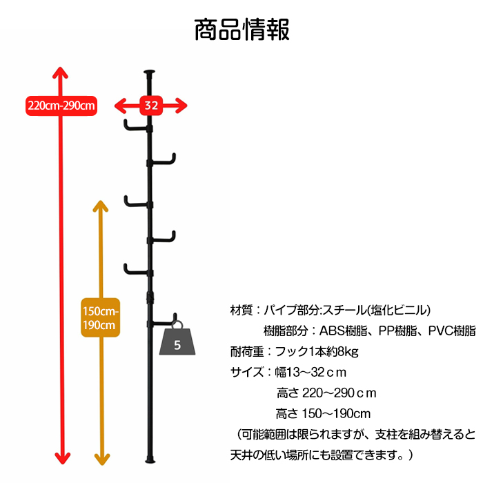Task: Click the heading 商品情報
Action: (x=241, y=30)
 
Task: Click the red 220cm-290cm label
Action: (x=61, y=106)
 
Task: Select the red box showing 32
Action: (x=151, y=106)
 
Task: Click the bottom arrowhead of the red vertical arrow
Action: (x=61, y=458)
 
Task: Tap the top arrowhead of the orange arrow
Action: (x=101, y=206)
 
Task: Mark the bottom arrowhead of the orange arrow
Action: (x=101, y=458)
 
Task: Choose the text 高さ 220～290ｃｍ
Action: (x=326, y=393)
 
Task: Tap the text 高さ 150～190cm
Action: (x=323, y=414)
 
